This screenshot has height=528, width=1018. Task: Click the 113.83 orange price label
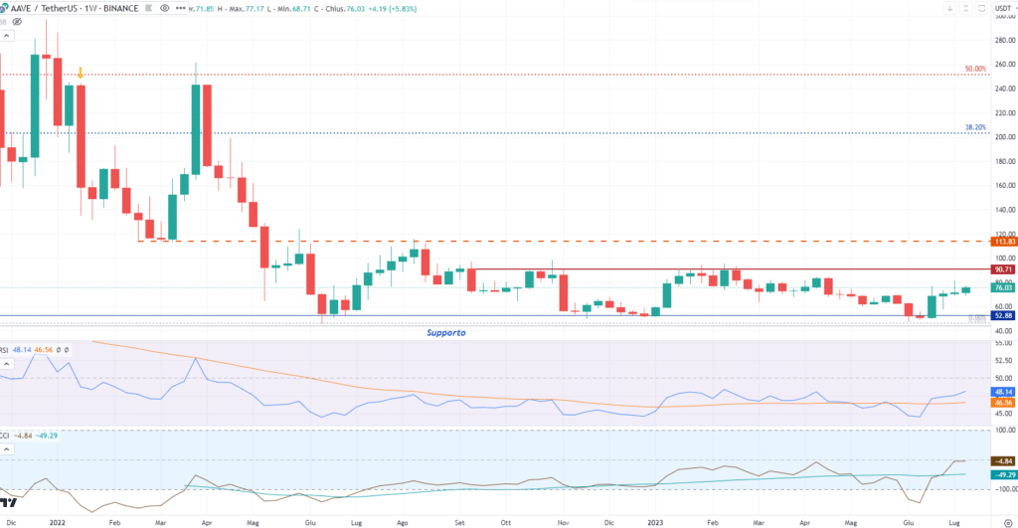[x=1005, y=242]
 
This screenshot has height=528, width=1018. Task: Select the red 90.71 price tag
[x=1005, y=269]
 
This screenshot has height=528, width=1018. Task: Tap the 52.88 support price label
[x=1005, y=316]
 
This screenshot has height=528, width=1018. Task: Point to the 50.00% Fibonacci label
[x=975, y=69]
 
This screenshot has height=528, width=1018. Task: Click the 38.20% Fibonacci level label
[x=975, y=128]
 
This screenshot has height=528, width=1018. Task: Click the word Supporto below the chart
[x=446, y=333]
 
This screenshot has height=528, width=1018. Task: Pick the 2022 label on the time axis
[x=58, y=521]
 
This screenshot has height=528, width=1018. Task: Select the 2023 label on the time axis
[x=658, y=521]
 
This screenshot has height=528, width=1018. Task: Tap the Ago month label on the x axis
[x=404, y=521]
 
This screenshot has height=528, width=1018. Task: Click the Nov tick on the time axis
[x=563, y=521]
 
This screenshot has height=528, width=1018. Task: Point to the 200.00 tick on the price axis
[x=1004, y=137]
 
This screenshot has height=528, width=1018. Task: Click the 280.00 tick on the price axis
[x=1004, y=40]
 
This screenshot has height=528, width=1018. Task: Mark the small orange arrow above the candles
[x=81, y=73]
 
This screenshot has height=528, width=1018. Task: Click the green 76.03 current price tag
[x=1005, y=288]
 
